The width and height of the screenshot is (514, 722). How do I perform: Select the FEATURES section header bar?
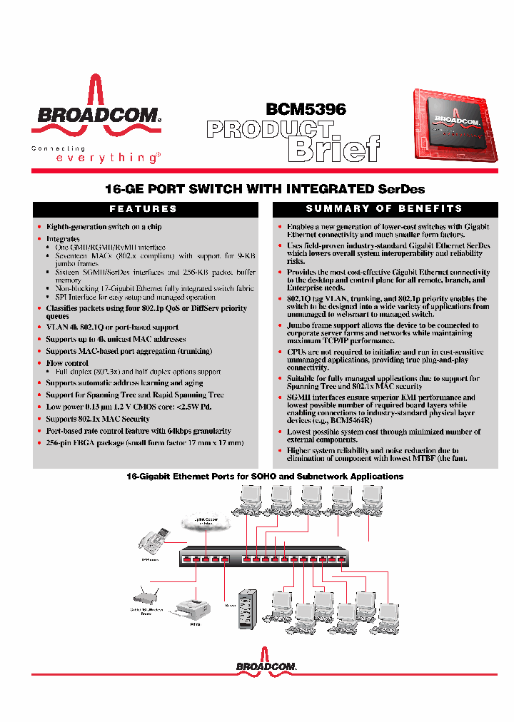[146, 208]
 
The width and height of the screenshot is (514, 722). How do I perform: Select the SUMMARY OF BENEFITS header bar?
[384, 208]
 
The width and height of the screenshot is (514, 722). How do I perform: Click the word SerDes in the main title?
[400, 189]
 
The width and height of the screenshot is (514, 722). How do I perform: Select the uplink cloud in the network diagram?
[205, 524]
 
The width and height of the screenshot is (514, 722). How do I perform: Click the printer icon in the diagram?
[194, 609]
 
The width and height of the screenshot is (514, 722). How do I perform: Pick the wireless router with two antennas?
[145, 600]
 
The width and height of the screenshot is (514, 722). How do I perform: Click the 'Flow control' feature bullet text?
[67, 363]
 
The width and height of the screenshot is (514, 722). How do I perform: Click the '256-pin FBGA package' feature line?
[144, 442]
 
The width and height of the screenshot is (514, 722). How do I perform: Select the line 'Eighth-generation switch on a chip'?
[104, 227]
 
